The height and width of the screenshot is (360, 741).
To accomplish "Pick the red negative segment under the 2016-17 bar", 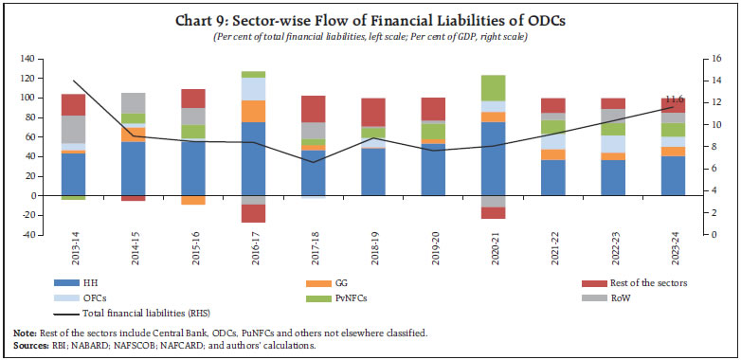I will [253, 214].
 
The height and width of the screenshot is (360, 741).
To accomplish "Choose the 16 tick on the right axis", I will [705, 59].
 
